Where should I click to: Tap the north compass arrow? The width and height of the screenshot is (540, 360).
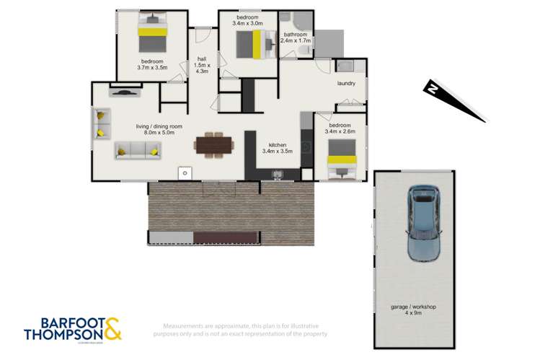453,100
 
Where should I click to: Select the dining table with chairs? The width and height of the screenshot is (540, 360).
214,144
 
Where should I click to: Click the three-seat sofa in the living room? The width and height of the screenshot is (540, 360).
138,150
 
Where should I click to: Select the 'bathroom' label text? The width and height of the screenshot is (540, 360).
296,34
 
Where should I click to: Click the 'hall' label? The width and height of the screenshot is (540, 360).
203,61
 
